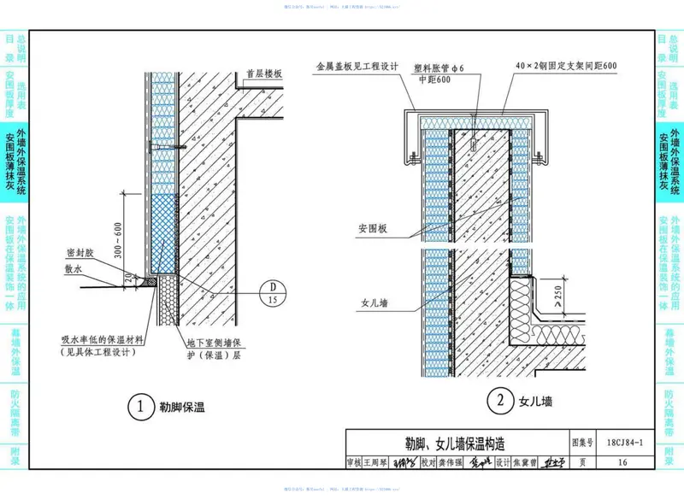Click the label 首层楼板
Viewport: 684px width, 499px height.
(x=262, y=74)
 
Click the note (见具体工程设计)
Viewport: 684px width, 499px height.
(x=102, y=352)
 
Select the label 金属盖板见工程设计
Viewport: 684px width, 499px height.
(x=352, y=65)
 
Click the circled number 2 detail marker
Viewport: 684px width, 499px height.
(x=498, y=400)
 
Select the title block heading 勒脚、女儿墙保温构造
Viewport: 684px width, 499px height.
(x=454, y=444)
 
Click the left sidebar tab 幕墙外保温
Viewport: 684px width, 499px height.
(x=14, y=349)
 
